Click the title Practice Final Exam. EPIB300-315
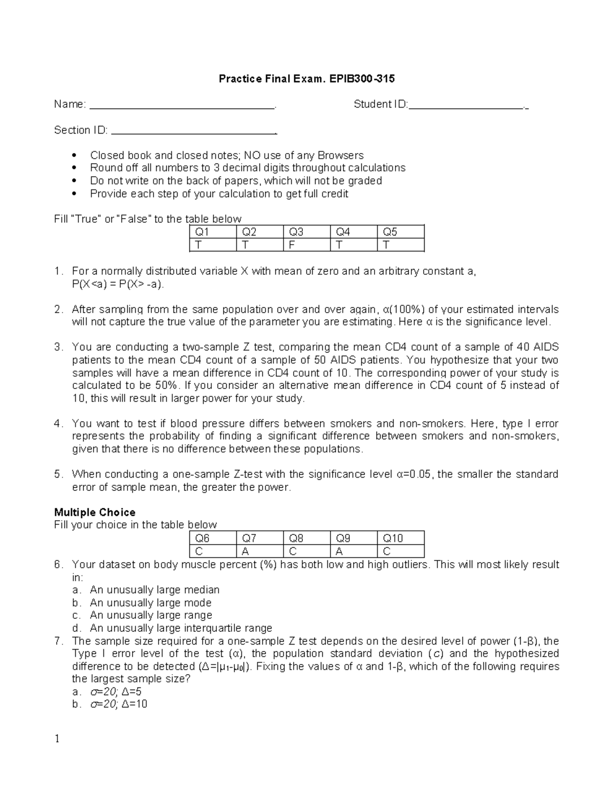(x=306, y=79)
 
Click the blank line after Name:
(x=182, y=106)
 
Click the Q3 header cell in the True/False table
(x=306, y=232)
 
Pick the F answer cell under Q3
(x=306, y=245)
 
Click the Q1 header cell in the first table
(x=212, y=232)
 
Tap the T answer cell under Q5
(x=401, y=245)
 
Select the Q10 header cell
(x=401, y=538)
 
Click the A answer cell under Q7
(x=259, y=551)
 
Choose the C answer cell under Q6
(x=212, y=551)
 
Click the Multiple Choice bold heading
(x=95, y=512)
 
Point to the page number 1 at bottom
(x=57, y=739)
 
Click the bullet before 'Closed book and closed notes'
(x=75, y=155)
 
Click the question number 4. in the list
(x=59, y=423)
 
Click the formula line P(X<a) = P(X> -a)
(x=119, y=284)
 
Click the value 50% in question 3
(x=167, y=385)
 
